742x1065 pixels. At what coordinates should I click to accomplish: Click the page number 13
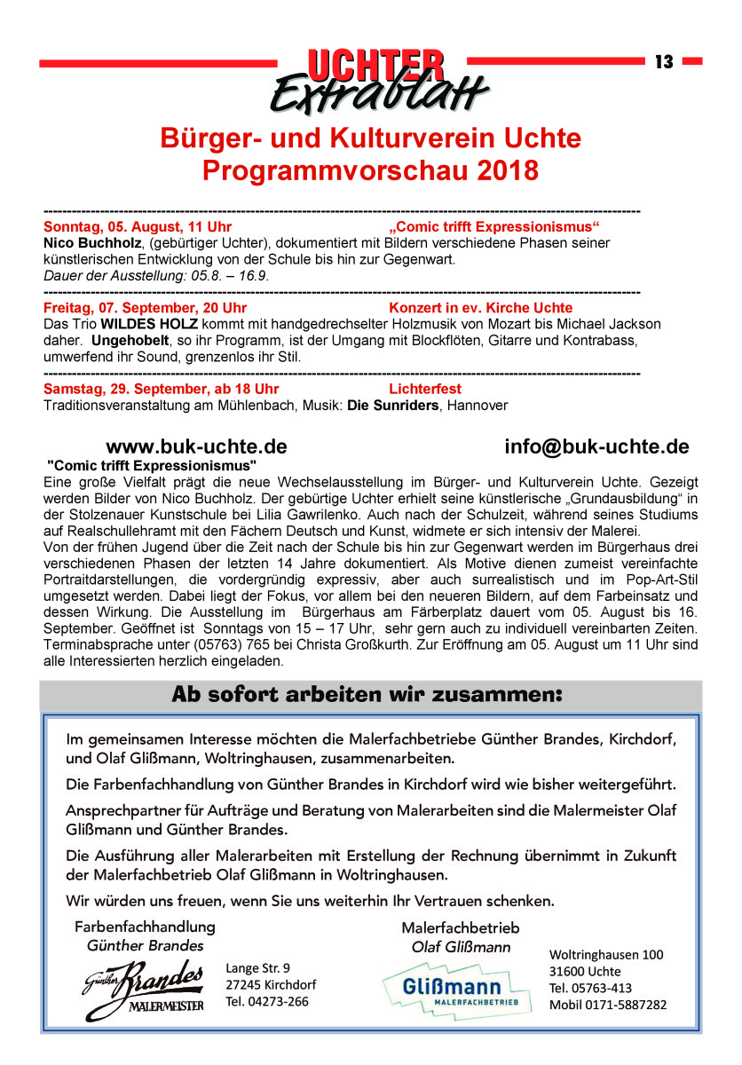coord(664,62)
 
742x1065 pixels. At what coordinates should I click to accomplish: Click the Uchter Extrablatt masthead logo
coord(376,79)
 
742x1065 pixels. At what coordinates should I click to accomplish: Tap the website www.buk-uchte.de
coord(196,446)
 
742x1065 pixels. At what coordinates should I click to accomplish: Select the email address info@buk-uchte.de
coord(596,446)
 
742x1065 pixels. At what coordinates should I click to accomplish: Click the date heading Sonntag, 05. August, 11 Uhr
coord(138,227)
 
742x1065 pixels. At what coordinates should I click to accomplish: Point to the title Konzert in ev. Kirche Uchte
coord(480,308)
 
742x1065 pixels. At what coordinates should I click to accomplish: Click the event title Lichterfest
coord(425,389)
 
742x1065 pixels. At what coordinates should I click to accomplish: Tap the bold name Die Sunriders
coord(393,406)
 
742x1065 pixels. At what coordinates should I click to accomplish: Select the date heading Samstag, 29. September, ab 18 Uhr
coord(161,389)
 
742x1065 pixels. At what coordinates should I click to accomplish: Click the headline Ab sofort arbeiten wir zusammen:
coord(367,695)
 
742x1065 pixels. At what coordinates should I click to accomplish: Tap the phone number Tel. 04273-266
coord(268,1002)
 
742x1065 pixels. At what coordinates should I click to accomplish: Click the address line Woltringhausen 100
coord(606,955)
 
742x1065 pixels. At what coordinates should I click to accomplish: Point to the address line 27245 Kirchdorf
coord(271,985)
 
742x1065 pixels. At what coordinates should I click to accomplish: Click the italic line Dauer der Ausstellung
coord(156,276)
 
